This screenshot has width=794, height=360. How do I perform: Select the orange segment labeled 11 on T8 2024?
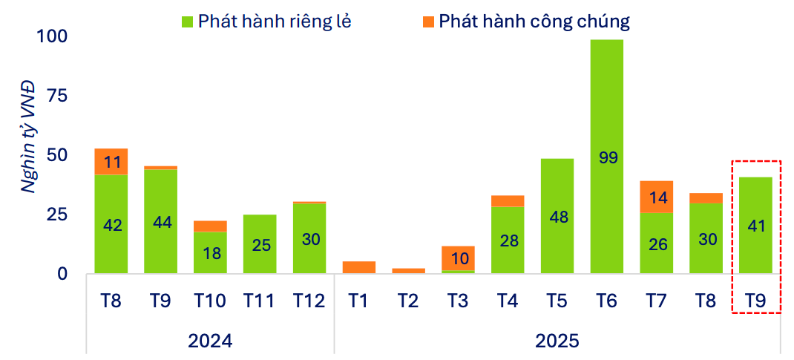(111, 162)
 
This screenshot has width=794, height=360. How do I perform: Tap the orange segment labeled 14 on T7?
(657, 197)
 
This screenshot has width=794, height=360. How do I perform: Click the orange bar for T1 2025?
(359, 267)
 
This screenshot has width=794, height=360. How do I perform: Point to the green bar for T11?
(260, 244)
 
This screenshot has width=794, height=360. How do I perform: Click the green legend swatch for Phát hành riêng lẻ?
(187, 22)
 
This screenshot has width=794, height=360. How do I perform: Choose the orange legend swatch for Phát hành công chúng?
(428, 22)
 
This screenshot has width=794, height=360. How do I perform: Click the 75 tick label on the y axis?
(59, 96)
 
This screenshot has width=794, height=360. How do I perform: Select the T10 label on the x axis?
(210, 301)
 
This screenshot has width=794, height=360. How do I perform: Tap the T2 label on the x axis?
(409, 301)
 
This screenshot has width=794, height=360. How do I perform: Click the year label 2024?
(210, 341)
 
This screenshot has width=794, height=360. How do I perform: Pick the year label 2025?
(557, 341)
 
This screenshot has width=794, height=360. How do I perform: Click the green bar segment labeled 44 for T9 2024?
(160, 223)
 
